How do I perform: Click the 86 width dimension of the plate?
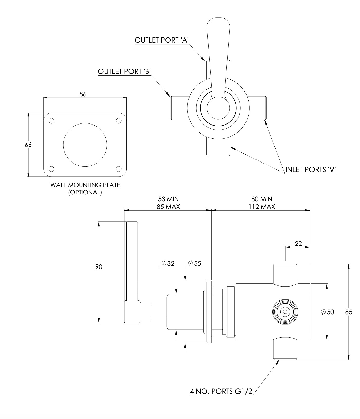tap(83, 94)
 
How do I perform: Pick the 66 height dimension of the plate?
tap(28, 145)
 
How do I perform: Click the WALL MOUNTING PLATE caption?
tap(85, 185)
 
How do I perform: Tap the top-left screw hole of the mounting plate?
tap(51, 121)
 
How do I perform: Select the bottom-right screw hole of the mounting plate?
tap(119, 169)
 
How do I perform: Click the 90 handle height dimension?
tap(99, 267)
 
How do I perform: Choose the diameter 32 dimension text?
tap(168, 263)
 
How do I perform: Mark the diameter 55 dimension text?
tap(195, 263)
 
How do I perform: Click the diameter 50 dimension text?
tap(328, 312)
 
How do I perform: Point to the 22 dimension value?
tap(298, 243)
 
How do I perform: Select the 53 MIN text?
tap(168, 199)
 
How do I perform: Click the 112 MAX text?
tap(262, 207)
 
